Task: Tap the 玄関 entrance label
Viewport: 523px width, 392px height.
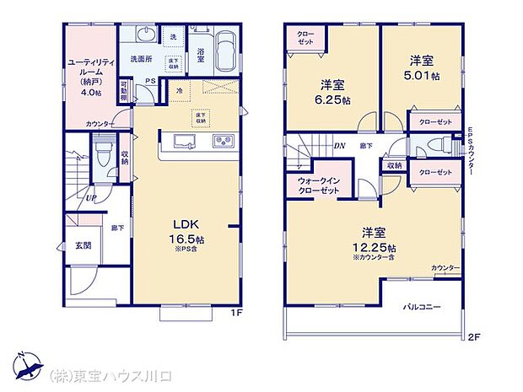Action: pos(82,246)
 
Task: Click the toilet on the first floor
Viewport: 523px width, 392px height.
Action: pos(104,157)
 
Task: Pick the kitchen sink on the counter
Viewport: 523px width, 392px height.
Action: pos(224,140)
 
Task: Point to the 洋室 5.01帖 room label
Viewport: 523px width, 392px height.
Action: pos(421,67)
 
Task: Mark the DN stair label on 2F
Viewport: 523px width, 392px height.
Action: pos(338,146)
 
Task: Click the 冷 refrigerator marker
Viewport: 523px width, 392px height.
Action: pos(180,89)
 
